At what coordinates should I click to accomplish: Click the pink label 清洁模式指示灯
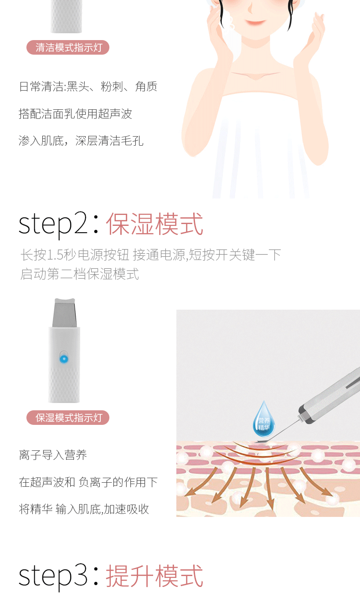[x=68, y=47]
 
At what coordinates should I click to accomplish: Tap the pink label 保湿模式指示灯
[x=68, y=418]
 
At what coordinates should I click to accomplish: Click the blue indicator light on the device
[x=64, y=359]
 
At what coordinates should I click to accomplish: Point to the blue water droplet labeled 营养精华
[x=264, y=419]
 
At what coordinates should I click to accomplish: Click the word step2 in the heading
[x=53, y=225]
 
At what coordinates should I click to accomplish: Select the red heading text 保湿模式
[x=154, y=224]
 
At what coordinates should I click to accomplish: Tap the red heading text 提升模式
[x=154, y=576]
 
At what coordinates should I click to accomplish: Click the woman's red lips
[x=256, y=22]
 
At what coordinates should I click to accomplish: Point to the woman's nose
[x=250, y=8]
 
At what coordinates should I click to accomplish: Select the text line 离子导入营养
[x=53, y=455]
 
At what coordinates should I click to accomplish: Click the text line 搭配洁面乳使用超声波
[x=76, y=114]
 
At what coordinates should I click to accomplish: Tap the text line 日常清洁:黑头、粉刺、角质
[x=88, y=87]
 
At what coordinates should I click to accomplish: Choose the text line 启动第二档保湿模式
[x=79, y=274]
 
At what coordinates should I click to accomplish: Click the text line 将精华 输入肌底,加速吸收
[x=84, y=509]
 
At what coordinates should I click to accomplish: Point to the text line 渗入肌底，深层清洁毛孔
[x=81, y=141]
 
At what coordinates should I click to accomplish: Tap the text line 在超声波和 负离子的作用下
[x=88, y=482]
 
